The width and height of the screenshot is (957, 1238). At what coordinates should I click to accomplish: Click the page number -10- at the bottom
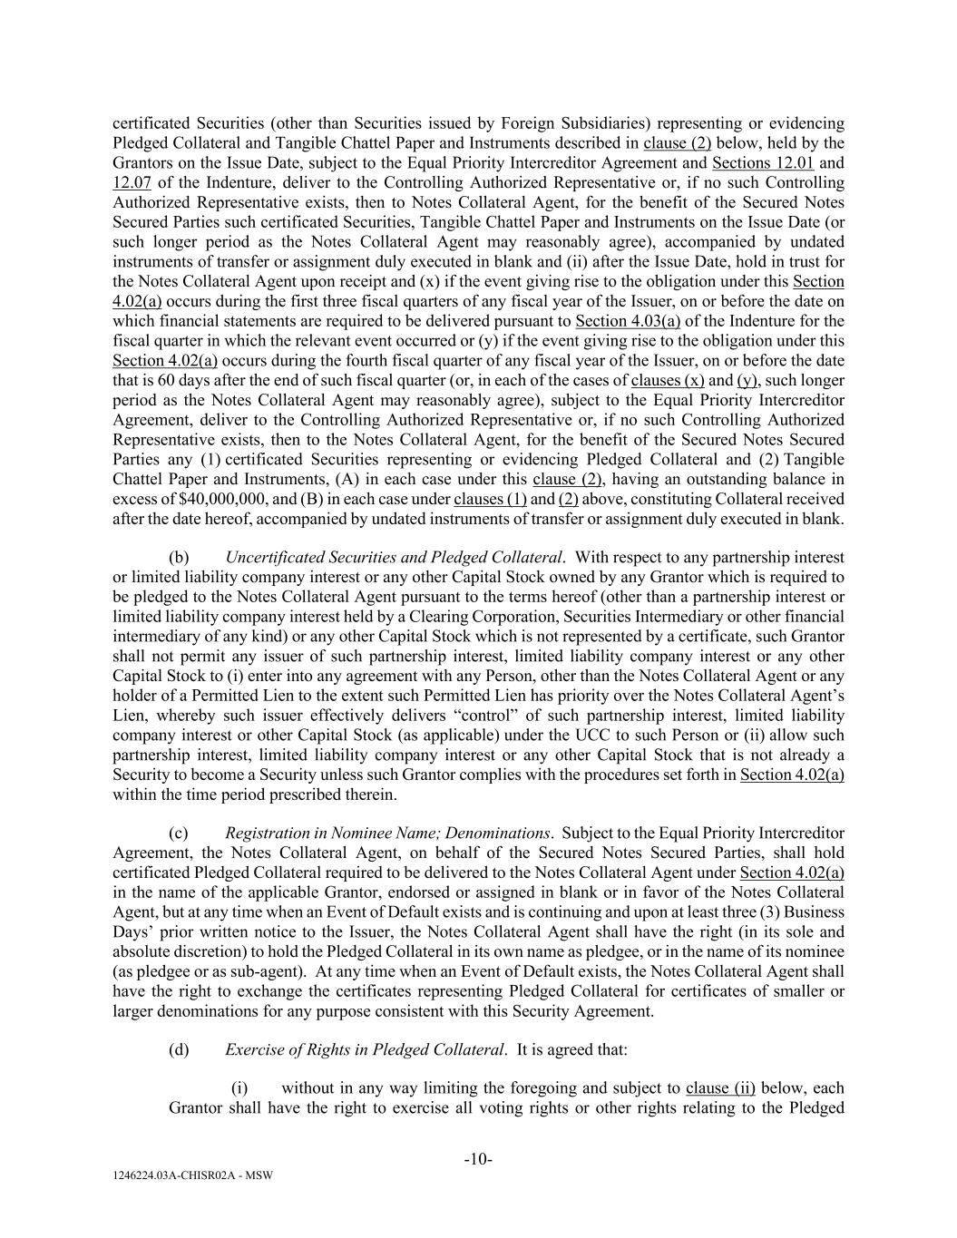[x=478, y=1159]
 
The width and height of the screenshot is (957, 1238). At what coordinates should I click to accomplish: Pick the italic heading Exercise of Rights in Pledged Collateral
[x=364, y=1049]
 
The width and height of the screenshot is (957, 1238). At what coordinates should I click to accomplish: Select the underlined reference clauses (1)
[x=490, y=500]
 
